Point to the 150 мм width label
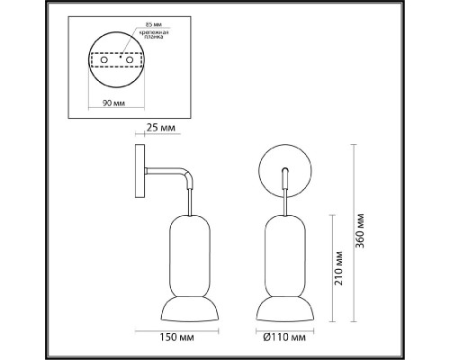[x=174, y=339]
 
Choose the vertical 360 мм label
[x=363, y=232]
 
